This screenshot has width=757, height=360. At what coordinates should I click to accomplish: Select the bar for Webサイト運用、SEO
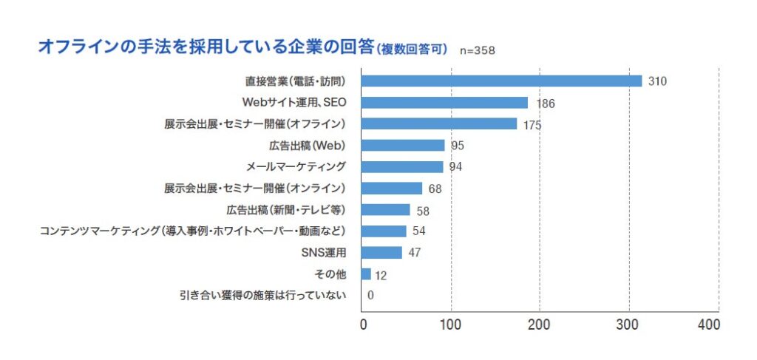(445, 102)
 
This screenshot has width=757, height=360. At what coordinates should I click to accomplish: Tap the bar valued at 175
(440, 123)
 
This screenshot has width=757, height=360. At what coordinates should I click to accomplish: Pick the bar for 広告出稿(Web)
(404, 145)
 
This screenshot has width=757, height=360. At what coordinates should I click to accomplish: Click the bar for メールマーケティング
(403, 166)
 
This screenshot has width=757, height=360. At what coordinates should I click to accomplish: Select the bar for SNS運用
(382, 253)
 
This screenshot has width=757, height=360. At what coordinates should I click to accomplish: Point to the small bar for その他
(367, 274)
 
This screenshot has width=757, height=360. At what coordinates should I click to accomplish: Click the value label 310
(657, 81)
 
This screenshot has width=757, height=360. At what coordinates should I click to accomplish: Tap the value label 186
(546, 103)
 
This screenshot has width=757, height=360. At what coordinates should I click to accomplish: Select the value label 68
(435, 189)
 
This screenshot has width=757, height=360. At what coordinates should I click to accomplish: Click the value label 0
(370, 296)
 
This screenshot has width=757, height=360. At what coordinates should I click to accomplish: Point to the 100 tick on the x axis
(451, 325)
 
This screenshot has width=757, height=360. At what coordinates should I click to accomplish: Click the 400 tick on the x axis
(708, 325)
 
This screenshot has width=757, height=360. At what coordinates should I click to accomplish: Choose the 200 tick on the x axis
(540, 325)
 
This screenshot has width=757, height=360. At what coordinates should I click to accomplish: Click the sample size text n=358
(478, 51)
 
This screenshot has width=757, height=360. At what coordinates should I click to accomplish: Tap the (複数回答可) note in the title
(412, 50)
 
